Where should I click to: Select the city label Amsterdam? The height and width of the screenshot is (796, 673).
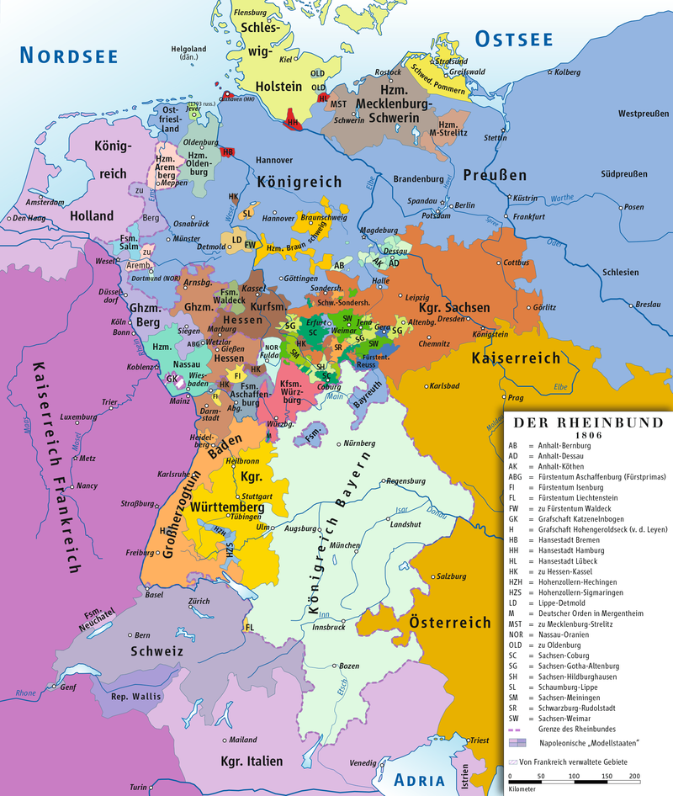45,203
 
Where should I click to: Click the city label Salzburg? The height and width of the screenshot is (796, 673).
452,576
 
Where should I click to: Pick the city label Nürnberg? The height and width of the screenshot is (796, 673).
358,443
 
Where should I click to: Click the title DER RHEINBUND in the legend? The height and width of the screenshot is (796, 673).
588,422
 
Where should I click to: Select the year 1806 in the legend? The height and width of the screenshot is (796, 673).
588,435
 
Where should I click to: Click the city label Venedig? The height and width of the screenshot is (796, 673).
363,762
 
